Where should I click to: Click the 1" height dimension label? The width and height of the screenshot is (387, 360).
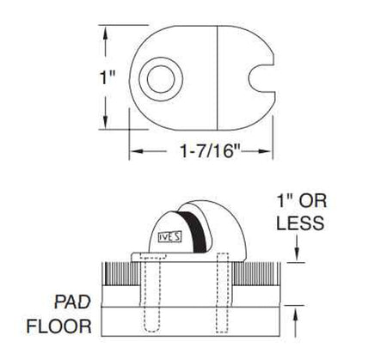click(x=107, y=77)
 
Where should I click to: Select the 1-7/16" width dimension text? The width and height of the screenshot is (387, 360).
click(x=211, y=150)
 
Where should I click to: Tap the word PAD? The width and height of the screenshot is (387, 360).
click(x=72, y=302)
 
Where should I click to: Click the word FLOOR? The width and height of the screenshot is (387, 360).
click(x=59, y=326)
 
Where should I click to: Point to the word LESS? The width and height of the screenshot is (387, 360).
click(x=300, y=223)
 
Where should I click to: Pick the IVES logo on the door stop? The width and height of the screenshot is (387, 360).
click(x=170, y=237)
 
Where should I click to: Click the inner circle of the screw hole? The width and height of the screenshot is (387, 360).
click(x=161, y=79)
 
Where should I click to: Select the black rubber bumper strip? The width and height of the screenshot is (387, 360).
click(x=197, y=231)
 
